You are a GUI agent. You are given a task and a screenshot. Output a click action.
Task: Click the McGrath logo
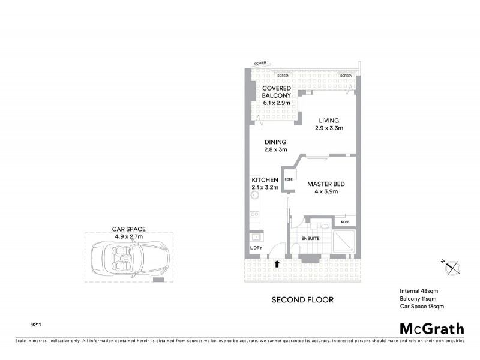pos(432,328)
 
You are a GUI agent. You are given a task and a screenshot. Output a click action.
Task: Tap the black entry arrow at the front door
pos(277,263)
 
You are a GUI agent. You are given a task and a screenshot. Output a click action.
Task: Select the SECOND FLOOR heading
pos(302,299)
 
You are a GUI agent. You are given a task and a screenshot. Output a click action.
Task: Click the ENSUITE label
pos(310,238)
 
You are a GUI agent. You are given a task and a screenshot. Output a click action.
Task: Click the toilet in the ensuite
pos(298,250)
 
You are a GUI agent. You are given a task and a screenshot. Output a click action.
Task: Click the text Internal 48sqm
pos(419,290)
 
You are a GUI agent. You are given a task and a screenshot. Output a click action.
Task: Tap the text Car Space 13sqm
pos(422,307)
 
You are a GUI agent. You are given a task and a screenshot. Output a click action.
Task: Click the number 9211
pos(35,325)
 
